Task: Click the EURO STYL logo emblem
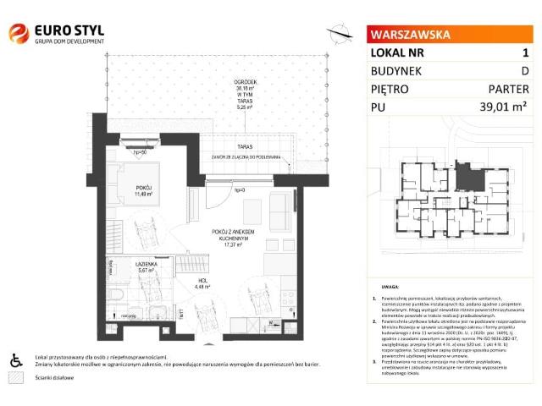tap(18, 34)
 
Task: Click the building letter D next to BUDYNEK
tap(524, 70)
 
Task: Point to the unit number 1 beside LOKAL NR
tap(525, 52)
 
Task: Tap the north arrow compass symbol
tap(340, 33)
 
